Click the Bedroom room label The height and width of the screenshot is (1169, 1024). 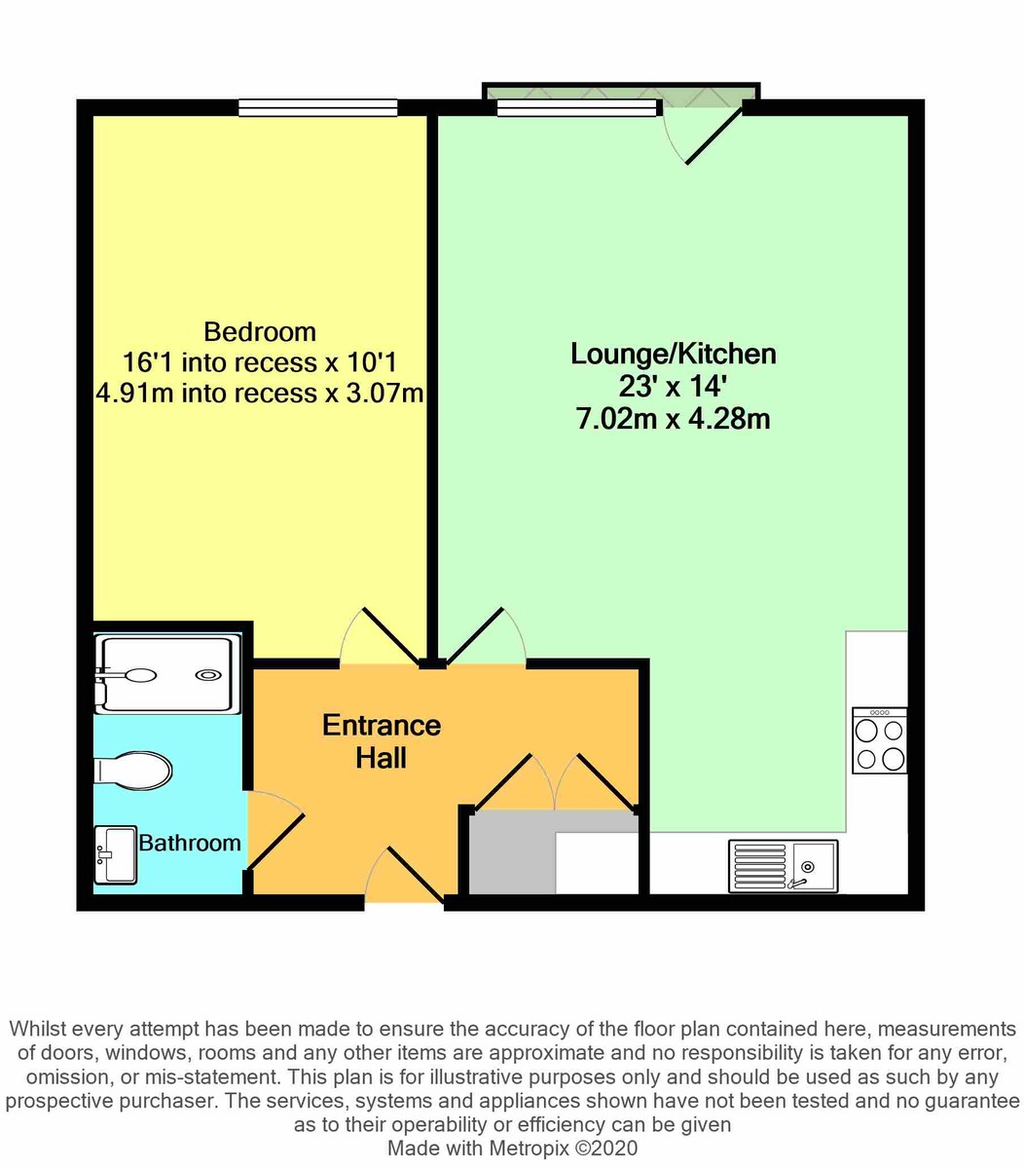tap(260, 332)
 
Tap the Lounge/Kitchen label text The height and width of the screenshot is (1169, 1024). tap(673, 354)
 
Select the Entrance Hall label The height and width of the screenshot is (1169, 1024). tap(382, 741)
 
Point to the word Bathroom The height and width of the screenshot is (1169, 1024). tap(190, 843)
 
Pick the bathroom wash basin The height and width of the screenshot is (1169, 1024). tap(115, 855)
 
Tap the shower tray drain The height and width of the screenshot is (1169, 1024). tap(207, 674)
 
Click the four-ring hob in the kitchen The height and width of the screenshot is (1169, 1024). tap(879, 740)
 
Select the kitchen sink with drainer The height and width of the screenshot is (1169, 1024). tap(783, 866)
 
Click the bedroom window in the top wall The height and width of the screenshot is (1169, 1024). tap(317, 107)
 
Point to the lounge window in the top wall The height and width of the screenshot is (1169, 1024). tap(576, 107)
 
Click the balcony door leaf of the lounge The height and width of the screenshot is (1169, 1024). tap(713, 135)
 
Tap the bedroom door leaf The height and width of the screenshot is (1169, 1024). tap(390, 635)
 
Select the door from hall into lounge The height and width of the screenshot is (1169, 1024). tap(474, 635)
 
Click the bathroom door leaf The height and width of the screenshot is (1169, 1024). tap(275, 841)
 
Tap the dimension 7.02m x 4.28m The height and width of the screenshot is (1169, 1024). tap(673, 418)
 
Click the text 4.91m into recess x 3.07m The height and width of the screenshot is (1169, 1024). tap(260, 393)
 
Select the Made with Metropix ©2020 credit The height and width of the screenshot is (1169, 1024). tap(512, 1149)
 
